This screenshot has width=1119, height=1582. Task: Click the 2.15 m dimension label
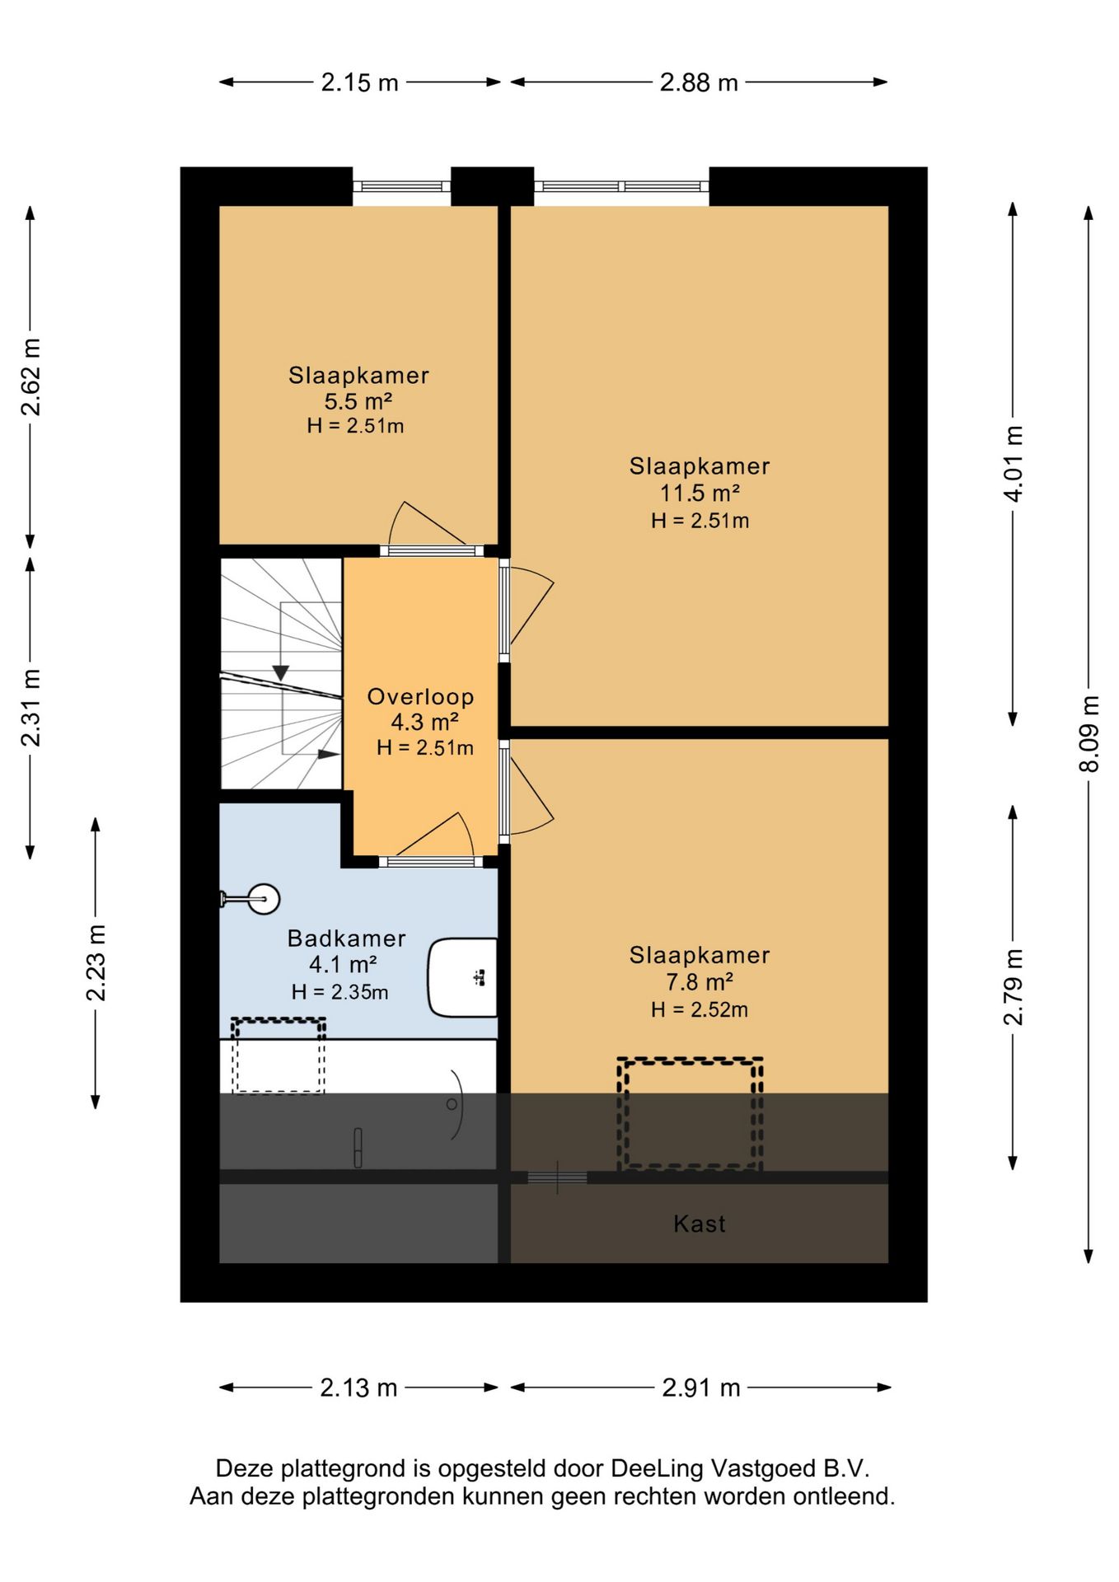(x=359, y=82)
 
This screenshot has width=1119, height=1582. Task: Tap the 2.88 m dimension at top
(x=699, y=82)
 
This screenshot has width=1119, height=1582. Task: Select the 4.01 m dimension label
(x=1013, y=463)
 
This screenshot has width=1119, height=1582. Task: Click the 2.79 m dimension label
(x=1013, y=986)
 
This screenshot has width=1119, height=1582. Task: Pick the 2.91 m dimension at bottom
(x=701, y=1388)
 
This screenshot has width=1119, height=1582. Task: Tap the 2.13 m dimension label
(x=358, y=1388)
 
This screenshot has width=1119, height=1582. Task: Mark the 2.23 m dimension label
(x=96, y=962)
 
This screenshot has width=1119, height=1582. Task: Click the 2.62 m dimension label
(x=30, y=377)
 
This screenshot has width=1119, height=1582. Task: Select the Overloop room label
(x=420, y=696)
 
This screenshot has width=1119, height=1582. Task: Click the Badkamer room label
(x=347, y=938)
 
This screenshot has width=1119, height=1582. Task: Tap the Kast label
(x=700, y=1224)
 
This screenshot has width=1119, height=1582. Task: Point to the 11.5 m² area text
(x=700, y=493)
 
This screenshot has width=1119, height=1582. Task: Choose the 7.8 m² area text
(x=700, y=982)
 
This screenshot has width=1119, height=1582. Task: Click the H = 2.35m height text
(x=339, y=992)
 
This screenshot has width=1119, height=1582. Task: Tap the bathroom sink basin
(x=462, y=977)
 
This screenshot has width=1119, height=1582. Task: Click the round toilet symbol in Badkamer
(x=264, y=899)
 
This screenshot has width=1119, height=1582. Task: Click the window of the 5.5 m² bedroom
(x=402, y=186)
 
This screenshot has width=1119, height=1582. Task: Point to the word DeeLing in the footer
(x=657, y=1468)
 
